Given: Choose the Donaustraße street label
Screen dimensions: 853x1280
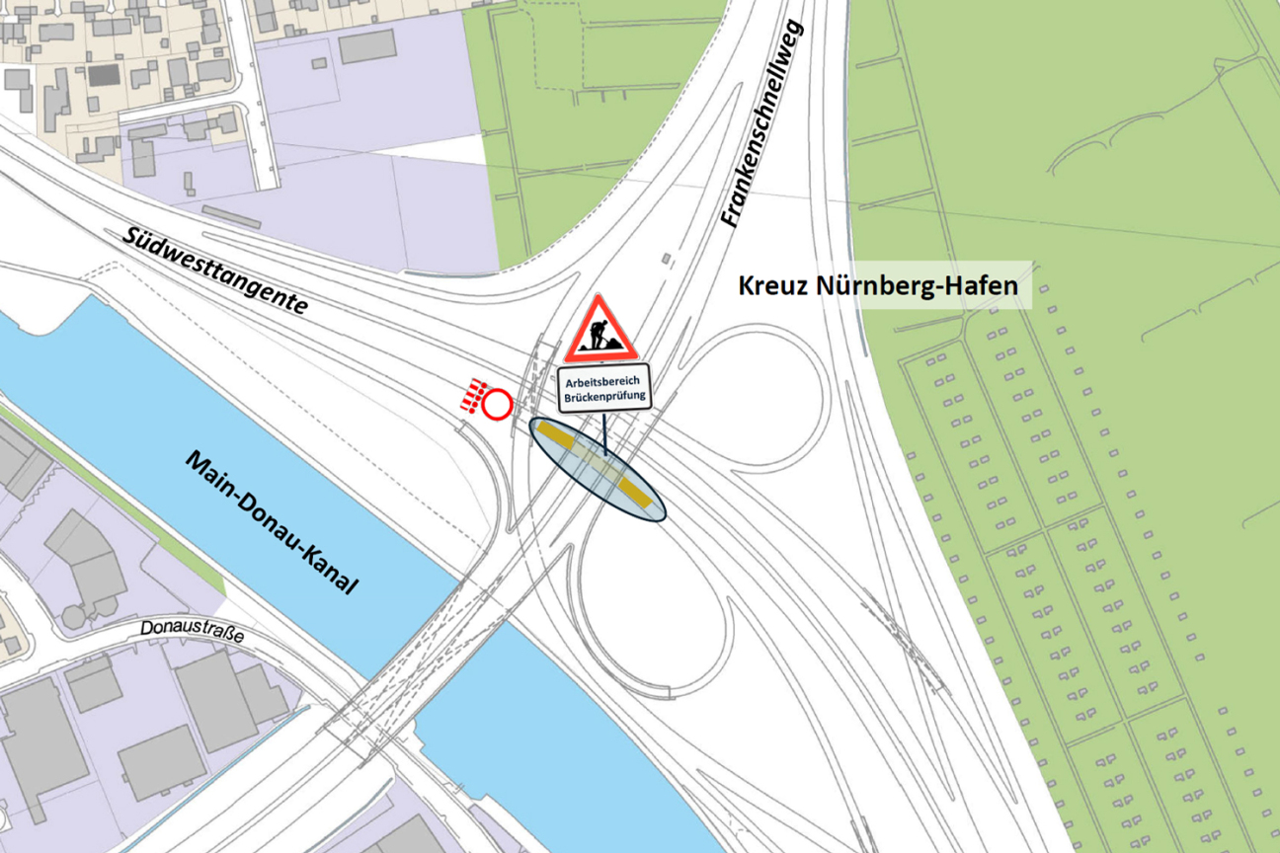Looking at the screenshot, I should pyautogui.click(x=192, y=628).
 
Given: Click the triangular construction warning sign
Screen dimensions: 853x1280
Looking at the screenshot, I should pyautogui.click(x=600, y=330).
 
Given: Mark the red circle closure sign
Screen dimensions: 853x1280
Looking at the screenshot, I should pyautogui.click(x=496, y=405).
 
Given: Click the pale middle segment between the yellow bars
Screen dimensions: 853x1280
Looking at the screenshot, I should pyautogui.click(x=597, y=465).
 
